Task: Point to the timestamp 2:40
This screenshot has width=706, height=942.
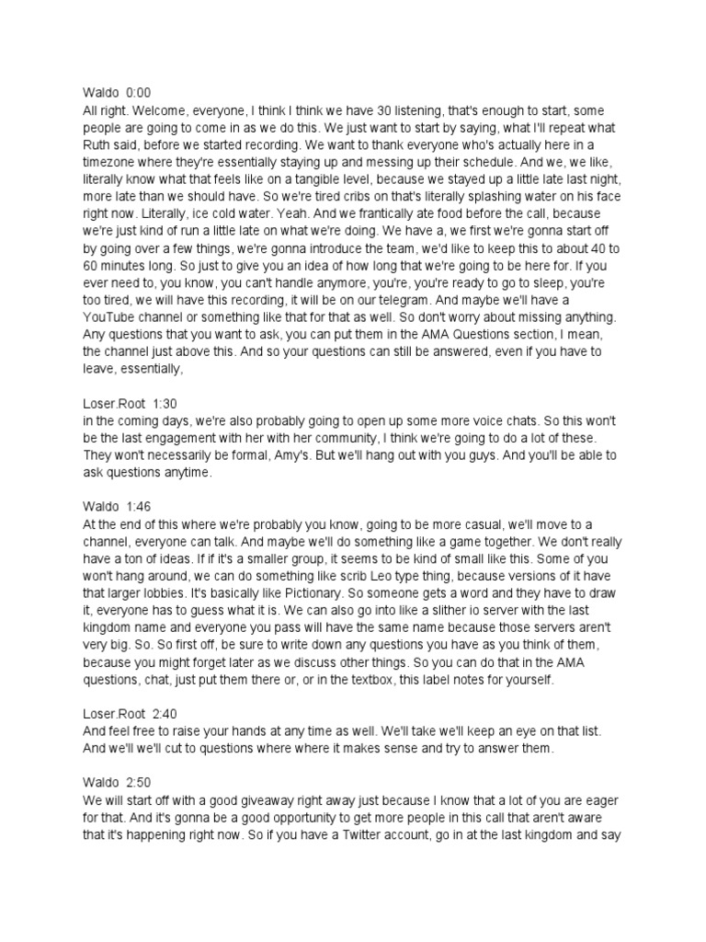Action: click(166, 712)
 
